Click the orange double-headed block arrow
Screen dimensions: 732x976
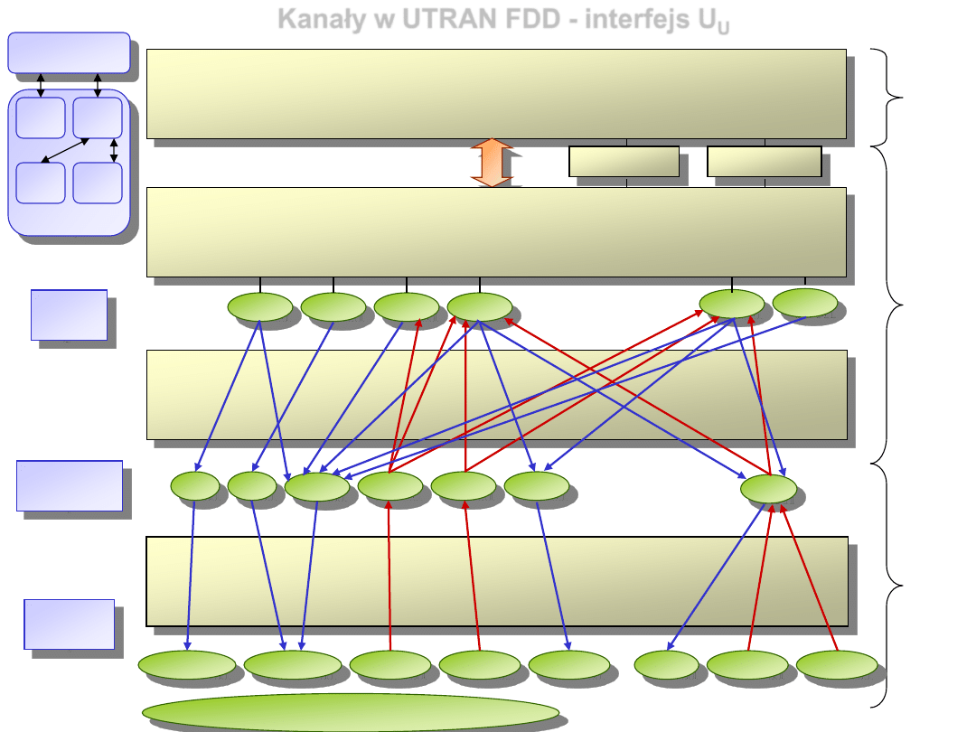[492, 163]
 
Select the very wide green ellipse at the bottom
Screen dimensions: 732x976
[351, 712]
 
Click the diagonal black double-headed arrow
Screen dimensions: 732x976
[66, 151]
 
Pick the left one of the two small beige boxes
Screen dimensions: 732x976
[624, 161]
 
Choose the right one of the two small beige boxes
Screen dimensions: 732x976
[764, 161]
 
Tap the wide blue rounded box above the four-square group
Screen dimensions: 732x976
[69, 52]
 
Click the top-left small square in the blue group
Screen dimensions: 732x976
[41, 117]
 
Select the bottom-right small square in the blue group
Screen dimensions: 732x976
[97, 183]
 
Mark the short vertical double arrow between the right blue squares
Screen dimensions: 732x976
[114, 150]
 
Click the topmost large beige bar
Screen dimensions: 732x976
[496, 94]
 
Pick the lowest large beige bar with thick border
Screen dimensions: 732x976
[497, 581]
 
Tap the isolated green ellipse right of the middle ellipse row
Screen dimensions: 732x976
[768, 489]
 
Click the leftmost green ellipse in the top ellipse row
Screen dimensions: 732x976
[259, 307]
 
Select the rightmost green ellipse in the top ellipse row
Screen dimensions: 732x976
[804, 303]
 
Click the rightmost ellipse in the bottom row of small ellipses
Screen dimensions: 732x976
[836, 664]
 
